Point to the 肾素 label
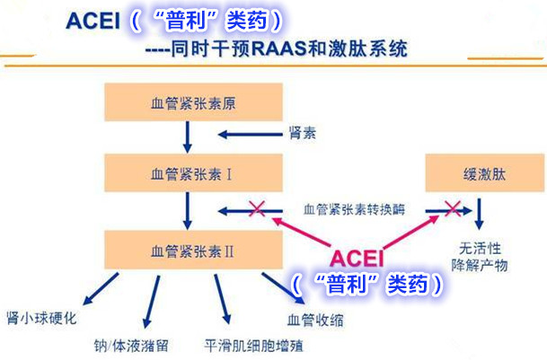tap(301, 136)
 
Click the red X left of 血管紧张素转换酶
tap(257, 210)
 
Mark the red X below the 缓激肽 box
tap(451, 210)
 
